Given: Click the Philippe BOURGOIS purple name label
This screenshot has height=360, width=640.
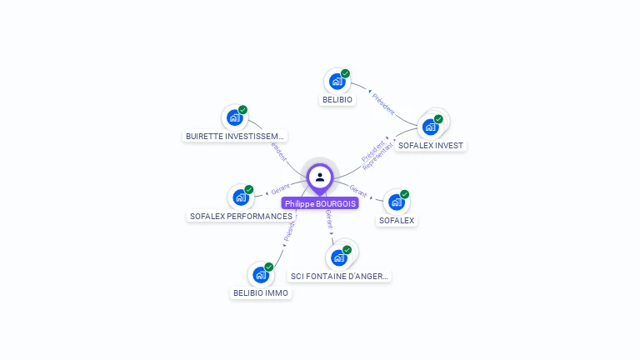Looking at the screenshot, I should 320,203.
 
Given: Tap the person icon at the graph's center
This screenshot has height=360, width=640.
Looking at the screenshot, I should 320,177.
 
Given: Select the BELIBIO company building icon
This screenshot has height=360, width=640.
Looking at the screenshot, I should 337,82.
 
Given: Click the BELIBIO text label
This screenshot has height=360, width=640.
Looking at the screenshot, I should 337,100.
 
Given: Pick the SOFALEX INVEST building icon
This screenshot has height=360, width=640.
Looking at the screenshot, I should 431,127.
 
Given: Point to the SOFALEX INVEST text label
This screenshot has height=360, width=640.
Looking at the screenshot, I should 431,145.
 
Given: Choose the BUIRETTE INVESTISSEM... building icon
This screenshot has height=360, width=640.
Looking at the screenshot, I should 234,117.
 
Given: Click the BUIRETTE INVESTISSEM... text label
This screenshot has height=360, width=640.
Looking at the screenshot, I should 235,136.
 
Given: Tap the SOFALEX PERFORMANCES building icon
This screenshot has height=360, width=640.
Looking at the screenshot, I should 241,197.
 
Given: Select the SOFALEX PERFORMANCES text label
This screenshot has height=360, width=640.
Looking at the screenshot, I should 241,216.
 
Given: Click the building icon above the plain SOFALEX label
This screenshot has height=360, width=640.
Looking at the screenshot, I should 397,202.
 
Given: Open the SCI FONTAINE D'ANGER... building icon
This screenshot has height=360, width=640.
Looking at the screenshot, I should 339,257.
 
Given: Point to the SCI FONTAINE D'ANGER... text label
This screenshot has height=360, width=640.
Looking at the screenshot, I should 339,276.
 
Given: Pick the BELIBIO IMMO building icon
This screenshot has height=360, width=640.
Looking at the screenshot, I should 261,275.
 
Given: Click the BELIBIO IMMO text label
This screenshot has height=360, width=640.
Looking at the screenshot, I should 261,293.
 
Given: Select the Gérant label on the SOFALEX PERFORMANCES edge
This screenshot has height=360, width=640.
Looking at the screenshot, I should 280,191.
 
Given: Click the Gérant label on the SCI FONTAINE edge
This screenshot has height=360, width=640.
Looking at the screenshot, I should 329,219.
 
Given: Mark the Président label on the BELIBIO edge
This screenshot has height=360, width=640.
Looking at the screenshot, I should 383,104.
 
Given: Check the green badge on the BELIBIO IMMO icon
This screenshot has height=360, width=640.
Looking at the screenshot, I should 269,267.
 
